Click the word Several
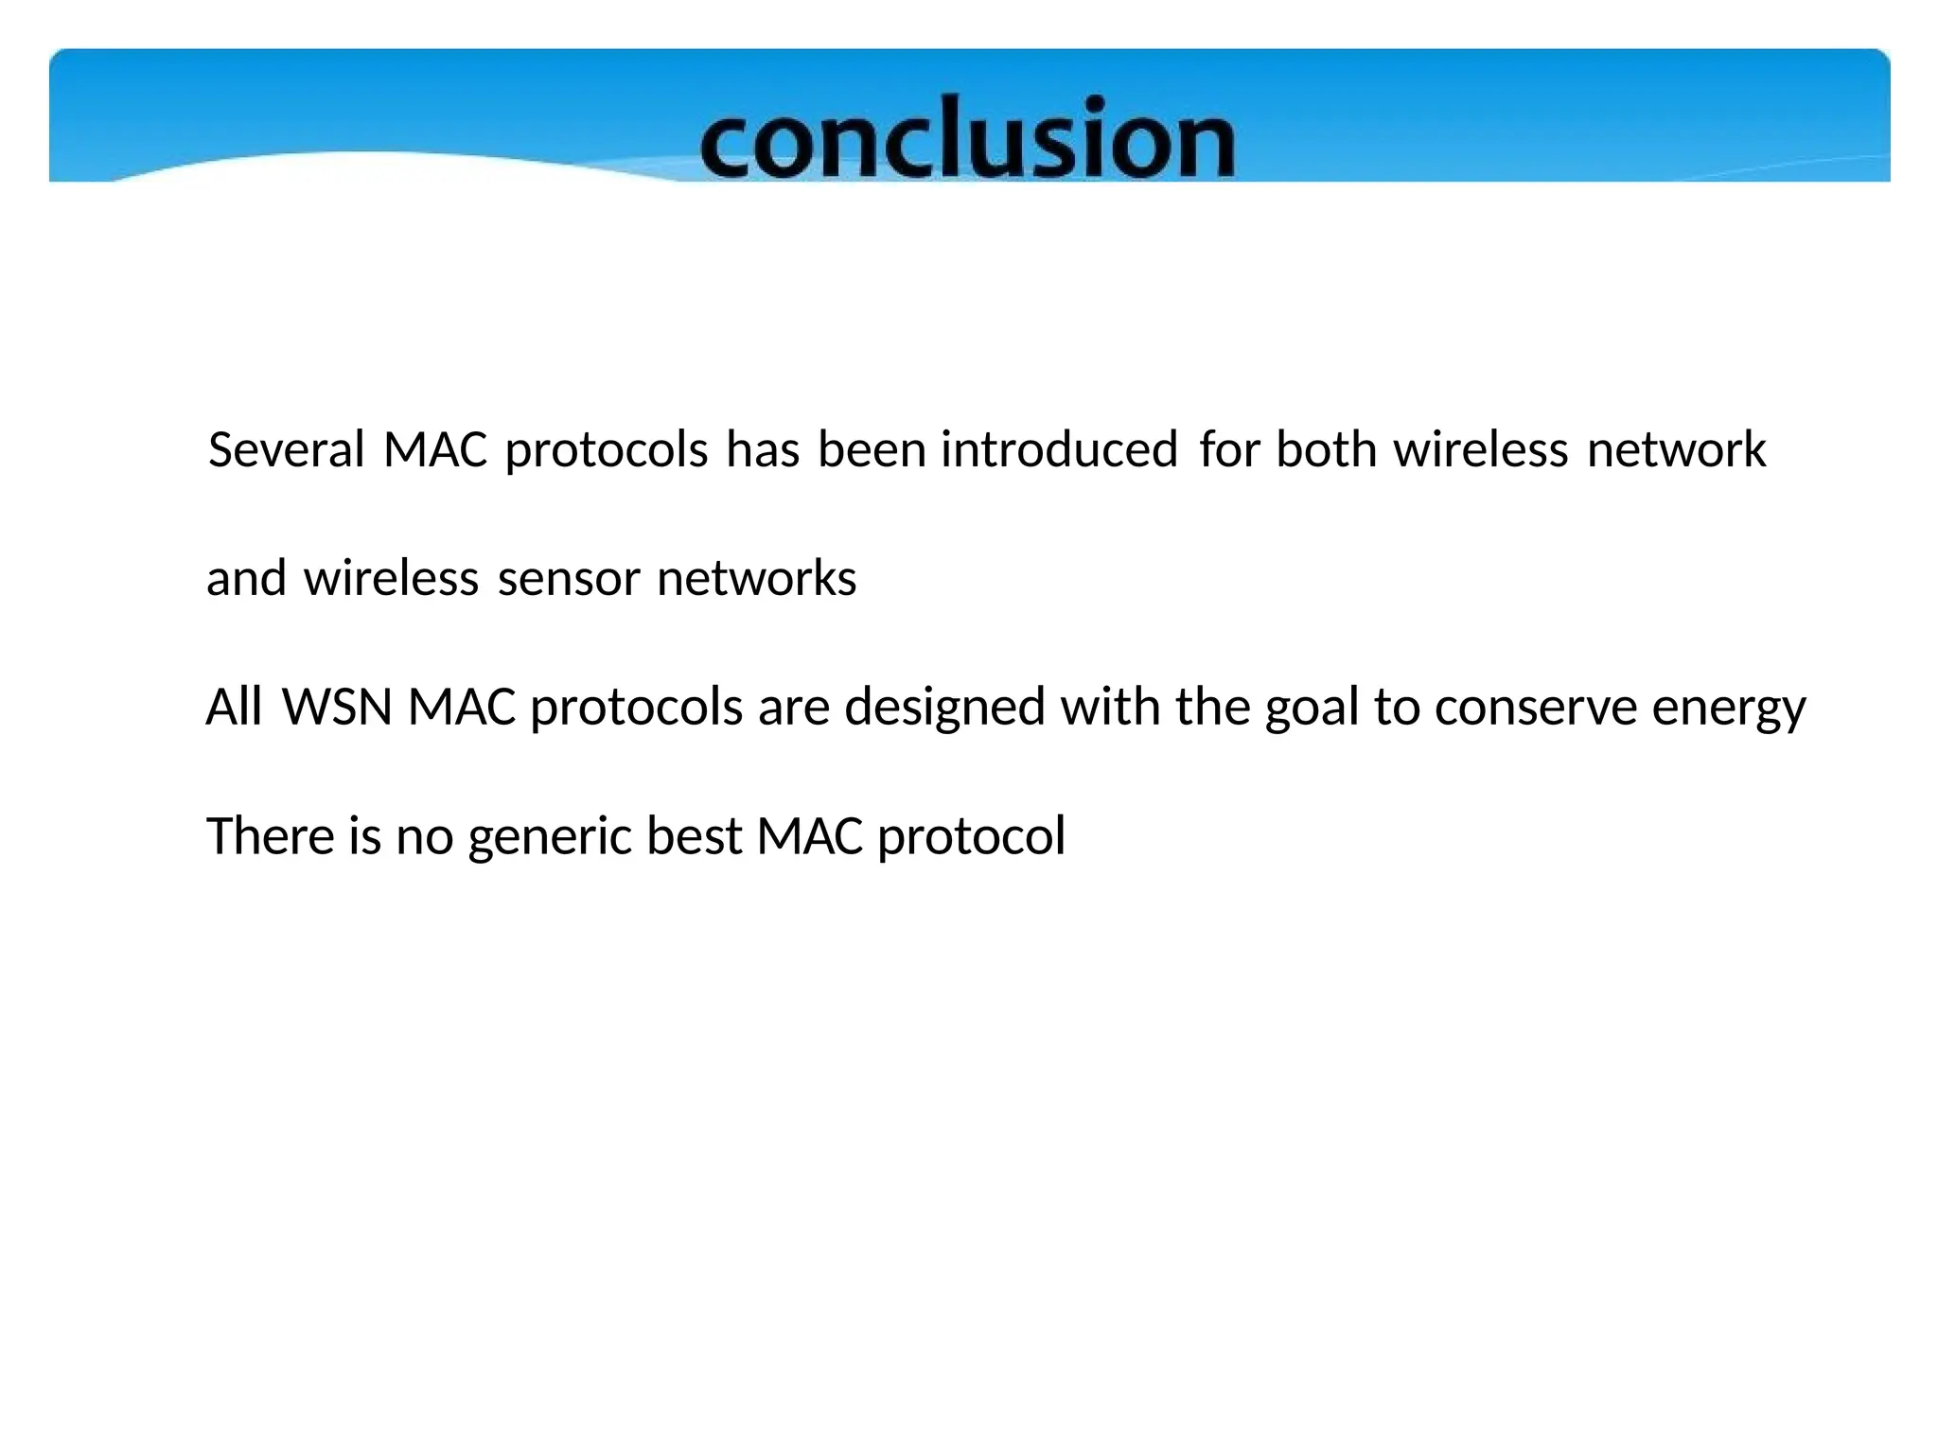286,449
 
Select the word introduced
1059,449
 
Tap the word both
1326,449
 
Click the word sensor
569,578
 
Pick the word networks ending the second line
756,578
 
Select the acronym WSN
337,707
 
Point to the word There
270,836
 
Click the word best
694,836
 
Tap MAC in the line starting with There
810,836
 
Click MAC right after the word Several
435,449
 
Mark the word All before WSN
234,707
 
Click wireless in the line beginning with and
391,578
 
